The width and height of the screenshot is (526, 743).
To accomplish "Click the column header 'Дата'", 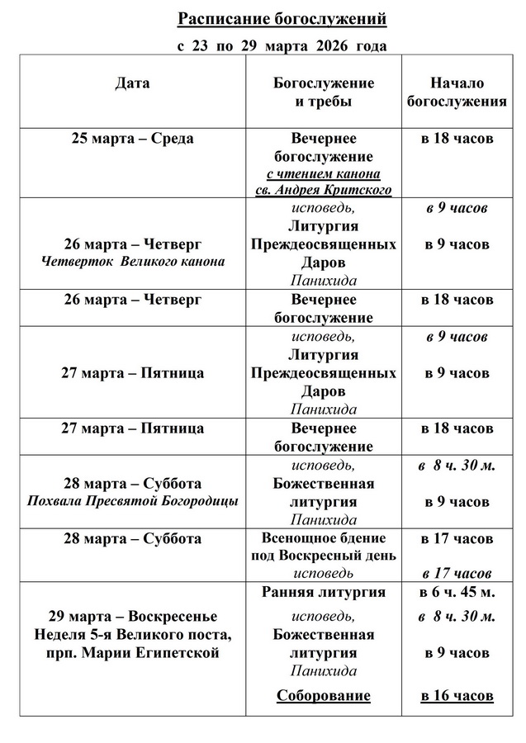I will click(132, 83).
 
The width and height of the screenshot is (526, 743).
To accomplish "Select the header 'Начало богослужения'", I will click(457, 92).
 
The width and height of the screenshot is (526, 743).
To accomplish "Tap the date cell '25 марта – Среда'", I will click(132, 139).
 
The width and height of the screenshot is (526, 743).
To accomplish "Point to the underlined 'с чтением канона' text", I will click(323, 173).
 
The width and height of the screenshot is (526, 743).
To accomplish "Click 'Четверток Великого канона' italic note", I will click(132, 262).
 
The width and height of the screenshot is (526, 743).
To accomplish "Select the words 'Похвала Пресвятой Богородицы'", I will click(132, 501).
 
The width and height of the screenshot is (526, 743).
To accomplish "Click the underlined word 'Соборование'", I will click(323, 696).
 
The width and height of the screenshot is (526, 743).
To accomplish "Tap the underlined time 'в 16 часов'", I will click(457, 696).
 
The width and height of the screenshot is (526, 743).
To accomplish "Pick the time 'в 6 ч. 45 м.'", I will click(457, 592).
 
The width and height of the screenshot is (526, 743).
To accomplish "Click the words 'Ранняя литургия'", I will click(323, 592).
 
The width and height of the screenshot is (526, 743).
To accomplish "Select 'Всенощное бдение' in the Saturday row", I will click(323, 539).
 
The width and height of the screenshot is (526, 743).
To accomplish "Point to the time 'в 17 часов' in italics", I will click(457, 573).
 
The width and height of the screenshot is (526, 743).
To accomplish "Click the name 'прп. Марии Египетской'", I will click(132, 653).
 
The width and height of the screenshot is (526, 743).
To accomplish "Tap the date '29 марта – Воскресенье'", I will click(132, 617).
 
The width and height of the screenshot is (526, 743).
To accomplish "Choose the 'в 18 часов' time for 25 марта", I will click(457, 139).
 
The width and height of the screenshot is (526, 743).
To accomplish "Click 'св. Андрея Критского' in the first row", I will click(323, 189).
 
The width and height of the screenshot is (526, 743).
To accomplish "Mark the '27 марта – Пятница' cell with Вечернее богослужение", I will click(132, 429).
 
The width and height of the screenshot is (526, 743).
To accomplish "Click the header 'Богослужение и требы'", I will click(323, 92).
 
